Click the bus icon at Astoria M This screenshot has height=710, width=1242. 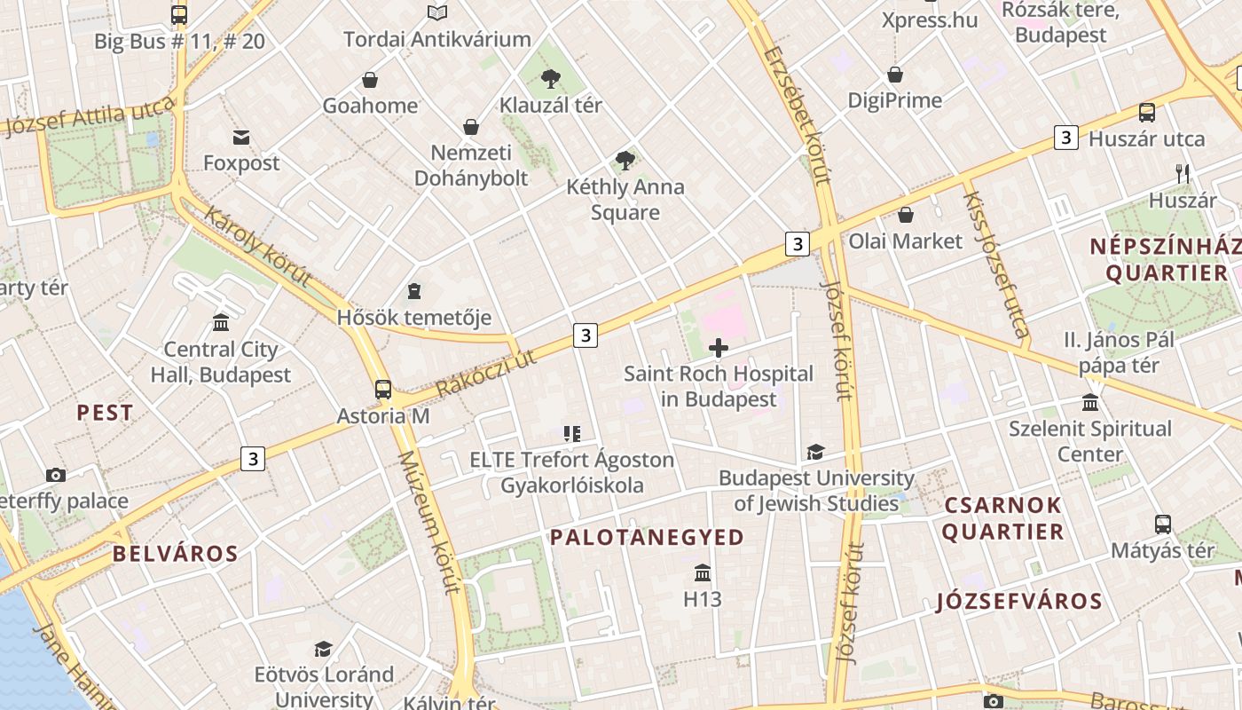point(383,389)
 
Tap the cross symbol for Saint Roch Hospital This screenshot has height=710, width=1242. point(719,348)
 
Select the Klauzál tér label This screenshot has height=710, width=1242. point(550,105)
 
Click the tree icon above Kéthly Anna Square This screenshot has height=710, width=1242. point(625,161)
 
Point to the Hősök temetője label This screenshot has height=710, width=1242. point(414,318)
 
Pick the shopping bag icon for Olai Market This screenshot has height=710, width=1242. point(906,215)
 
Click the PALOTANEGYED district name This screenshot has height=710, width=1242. point(647,537)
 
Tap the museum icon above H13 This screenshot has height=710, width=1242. point(703,572)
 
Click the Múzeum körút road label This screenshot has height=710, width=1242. point(429,522)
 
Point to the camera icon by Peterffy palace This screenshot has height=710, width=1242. point(56,475)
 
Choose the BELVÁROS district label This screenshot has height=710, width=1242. point(176,555)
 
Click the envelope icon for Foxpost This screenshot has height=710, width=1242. point(241,137)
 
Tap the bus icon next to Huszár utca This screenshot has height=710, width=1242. point(1147,113)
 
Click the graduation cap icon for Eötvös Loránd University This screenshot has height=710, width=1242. point(323,649)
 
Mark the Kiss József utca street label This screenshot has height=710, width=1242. point(995,265)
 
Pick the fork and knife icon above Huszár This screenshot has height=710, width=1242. point(1183,173)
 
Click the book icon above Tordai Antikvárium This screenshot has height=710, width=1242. point(436,12)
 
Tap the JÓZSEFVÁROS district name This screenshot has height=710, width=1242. point(1019,601)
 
